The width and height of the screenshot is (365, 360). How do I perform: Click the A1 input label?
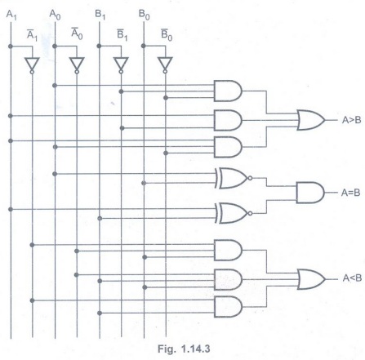pos(11,15)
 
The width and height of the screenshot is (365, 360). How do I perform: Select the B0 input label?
pos(144,15)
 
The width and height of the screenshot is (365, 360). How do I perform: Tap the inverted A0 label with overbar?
pos(77,33)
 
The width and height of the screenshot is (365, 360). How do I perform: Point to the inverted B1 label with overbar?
pos(122,35)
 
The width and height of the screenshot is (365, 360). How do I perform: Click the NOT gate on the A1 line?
pos(32,65)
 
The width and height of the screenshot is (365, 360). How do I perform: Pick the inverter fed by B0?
pos(165,65)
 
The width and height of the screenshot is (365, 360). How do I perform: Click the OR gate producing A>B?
pos(311,120)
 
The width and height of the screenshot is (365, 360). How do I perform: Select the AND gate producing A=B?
pos(310,193)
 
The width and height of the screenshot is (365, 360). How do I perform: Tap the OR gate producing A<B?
pos(311,279)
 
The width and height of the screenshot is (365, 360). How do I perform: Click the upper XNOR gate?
pos(234,178)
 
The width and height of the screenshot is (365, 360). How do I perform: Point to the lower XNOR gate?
pos(234,213)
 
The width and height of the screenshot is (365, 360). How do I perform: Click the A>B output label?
pos(351,120)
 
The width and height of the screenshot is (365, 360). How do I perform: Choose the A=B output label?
pos(350,193)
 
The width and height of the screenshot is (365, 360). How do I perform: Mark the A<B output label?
pos(352,278)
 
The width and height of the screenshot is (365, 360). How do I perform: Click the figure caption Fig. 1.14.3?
pos(184,349)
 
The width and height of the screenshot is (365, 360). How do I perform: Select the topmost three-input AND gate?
pos(228,91)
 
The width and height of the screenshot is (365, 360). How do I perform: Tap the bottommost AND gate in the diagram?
pos(228,307)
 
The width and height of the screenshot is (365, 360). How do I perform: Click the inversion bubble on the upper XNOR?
pos(250,178)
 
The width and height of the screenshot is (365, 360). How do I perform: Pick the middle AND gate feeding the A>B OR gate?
pos(228,121)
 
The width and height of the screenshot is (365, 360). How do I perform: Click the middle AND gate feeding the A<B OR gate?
pos(228,280)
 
